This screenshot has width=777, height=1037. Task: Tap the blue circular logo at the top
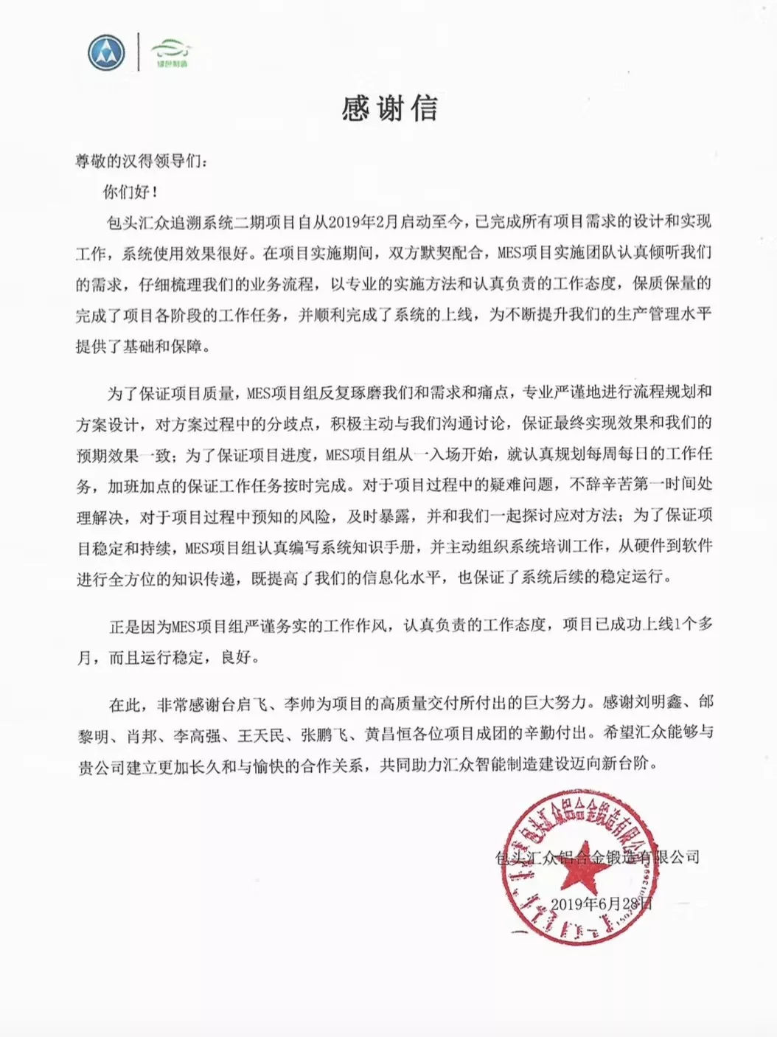106,53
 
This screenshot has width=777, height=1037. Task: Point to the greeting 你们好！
130,193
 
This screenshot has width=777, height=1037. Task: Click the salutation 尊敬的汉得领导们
140,161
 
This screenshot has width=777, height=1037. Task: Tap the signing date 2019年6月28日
601,904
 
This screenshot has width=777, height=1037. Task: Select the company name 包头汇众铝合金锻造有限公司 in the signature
597,857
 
